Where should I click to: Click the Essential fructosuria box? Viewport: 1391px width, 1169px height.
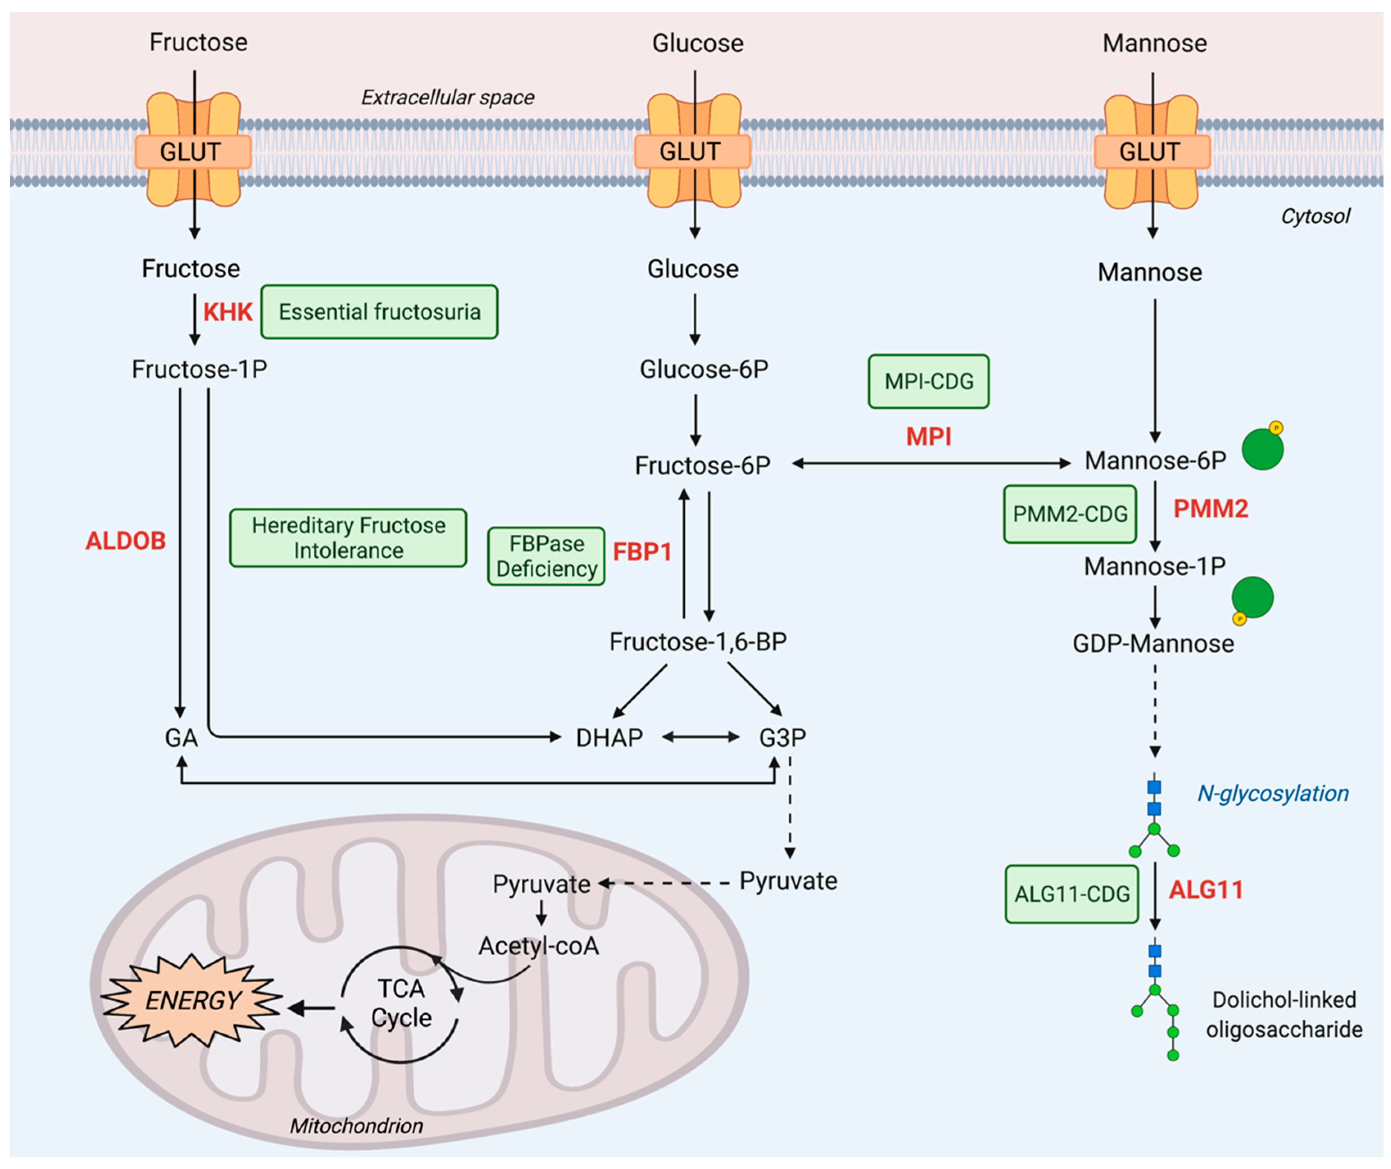(379, 312)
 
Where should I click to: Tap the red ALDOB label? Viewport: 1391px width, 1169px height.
(125, 541)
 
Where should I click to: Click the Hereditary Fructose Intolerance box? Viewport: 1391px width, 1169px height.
(348, 538)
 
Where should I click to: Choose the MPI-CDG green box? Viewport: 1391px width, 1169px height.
(928, 382)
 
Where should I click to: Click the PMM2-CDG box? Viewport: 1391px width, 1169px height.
(1070, 514)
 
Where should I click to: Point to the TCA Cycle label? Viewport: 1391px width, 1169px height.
(401, 1003)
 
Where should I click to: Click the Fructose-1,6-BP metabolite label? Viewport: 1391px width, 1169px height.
(698, 642)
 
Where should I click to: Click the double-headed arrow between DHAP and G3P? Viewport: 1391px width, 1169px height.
(701, 737)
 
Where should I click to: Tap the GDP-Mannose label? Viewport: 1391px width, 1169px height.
(1153, 644)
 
